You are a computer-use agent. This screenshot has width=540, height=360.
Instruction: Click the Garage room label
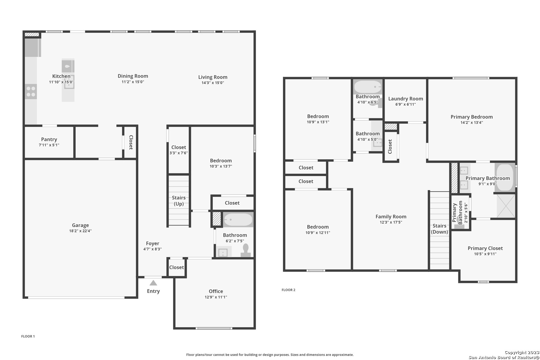(80, 225)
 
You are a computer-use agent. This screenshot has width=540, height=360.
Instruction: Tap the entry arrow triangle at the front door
(153, 283)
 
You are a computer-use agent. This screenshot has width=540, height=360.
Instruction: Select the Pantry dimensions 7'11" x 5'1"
(49, 145)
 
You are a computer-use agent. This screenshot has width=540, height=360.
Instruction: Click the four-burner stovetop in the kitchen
(31, 92)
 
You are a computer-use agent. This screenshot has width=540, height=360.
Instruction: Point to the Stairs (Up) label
(179, 201)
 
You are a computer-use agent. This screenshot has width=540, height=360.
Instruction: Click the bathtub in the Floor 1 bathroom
(238, 219)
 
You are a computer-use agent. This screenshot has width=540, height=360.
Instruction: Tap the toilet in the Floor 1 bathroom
(246, 250)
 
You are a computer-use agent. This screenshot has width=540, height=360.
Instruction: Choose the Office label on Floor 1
(216, 291)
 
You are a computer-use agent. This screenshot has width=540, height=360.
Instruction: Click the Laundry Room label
(405, 99)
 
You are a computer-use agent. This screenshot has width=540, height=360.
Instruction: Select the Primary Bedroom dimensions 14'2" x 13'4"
(472, 122)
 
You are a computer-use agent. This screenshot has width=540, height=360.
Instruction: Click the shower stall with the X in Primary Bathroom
(506, 206)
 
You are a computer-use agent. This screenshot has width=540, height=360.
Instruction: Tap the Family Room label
(391, 217)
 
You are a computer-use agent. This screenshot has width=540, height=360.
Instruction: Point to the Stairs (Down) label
(439, 229)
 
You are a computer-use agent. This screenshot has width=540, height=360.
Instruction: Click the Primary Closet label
(485, 248)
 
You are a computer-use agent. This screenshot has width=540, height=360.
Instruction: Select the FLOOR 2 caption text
(288, 290)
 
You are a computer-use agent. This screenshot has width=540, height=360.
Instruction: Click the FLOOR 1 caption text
(28, 336)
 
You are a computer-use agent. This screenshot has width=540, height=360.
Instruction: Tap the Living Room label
(213, 77)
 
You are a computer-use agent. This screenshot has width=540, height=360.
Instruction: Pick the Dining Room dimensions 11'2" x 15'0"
(133, 82)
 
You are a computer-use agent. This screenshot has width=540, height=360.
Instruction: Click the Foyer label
(152, 243)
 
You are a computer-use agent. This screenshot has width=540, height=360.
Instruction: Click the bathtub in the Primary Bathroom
(505, 177)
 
